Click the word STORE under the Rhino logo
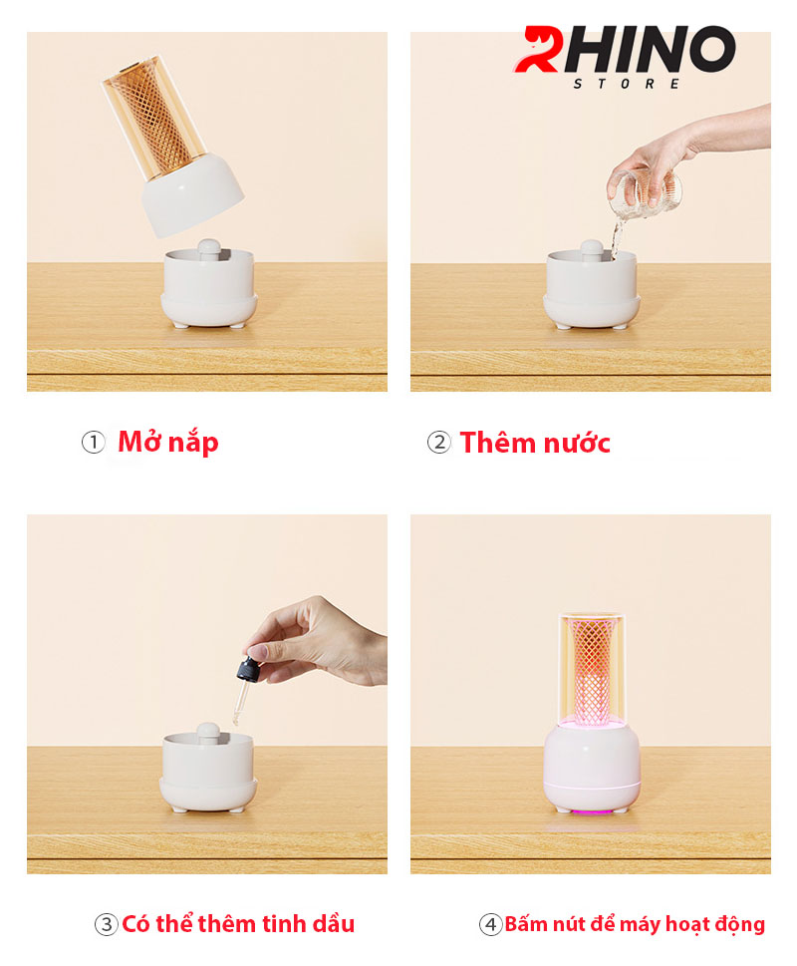click(x=626, y=84)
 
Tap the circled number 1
click(x=94, y=443)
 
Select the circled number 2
click(x=439, y=443)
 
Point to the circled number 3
click(x=106, y=924)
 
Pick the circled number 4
click(x=490, y=924)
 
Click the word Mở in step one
click(x=140, y=441)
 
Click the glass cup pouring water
click(x=645, y=193)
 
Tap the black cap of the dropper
click(x=249, y=669)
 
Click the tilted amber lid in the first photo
click(x=172, y=146)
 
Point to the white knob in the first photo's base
click(x=208, y=250)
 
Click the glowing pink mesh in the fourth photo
click(x=590, y=670)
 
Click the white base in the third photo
click(x=208, y=769)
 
